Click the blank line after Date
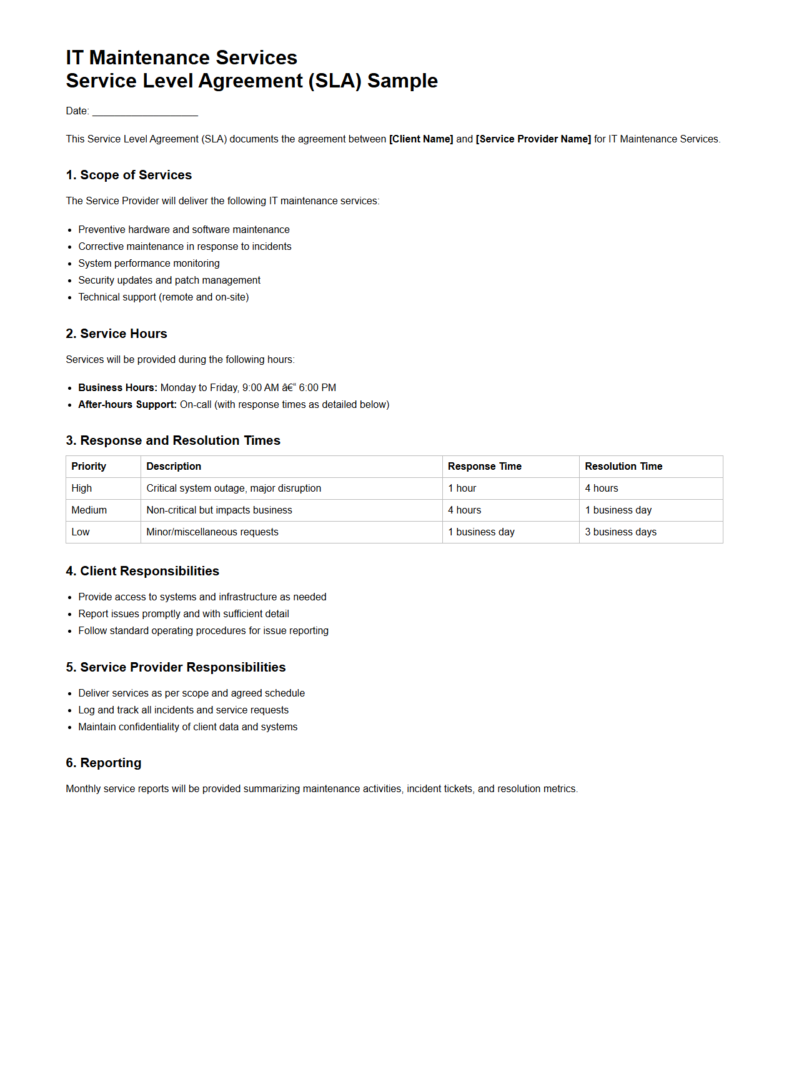tap(145, 112)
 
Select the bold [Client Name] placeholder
tap(420, 139)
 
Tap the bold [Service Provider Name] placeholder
tap(533, 139)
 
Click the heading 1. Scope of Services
tap(129, 176)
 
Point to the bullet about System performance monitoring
tap(149, 264)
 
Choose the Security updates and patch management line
tap(169, 280)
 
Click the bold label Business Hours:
tap(117, 388)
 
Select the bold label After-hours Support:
tap(127, 405)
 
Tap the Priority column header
tap(89, 467)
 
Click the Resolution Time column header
tap(623, 467)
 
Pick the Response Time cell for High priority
tap(462, 489)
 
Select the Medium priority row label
tap(89, 510)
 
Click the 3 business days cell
tap(620, 532)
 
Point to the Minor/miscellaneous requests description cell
tap(212, 532)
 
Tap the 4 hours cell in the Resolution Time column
tap(602, 489)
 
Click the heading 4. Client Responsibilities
tap(142, 572)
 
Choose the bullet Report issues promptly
tap(184, 614)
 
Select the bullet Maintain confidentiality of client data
tap(187, 727)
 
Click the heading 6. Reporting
tap(104, 763)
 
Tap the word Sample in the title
tap(402, 81)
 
